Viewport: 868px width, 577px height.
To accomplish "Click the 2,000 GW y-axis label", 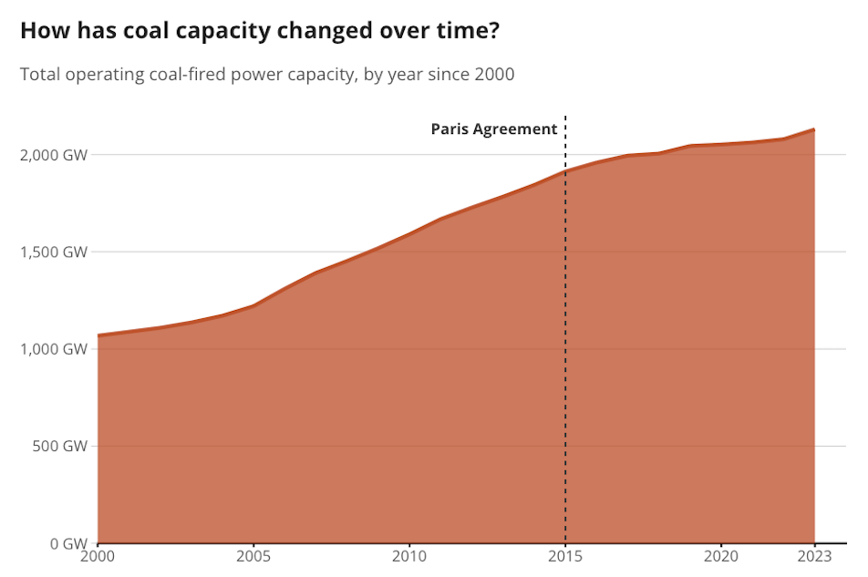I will click(54, 155).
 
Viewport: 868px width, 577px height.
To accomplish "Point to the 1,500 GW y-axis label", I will click(54, 252).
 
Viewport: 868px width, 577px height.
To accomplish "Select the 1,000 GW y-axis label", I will click(54, 349).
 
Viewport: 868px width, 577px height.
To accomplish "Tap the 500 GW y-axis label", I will click(60, 447).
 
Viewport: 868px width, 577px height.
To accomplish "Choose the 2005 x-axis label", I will click(253, 555).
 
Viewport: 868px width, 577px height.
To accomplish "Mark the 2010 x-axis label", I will click(409, 555).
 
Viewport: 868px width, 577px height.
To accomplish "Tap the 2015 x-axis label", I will click(565, 555).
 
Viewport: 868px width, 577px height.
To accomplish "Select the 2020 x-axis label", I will click(721, 555).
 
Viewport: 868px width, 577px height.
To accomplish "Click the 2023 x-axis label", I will click(814, 555).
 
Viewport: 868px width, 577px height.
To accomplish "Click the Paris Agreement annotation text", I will click(493, 129).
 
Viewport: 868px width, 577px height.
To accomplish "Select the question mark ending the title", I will click(492, 30).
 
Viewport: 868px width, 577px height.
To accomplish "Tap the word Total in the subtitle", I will click(40, 74).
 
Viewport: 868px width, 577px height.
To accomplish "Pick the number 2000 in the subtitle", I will click(494, 74).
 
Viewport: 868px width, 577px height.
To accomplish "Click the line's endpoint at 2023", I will click(814, 129).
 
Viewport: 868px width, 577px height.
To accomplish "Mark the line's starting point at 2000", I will click(98, 335).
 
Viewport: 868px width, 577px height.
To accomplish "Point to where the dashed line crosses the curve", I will click(565, 171).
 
